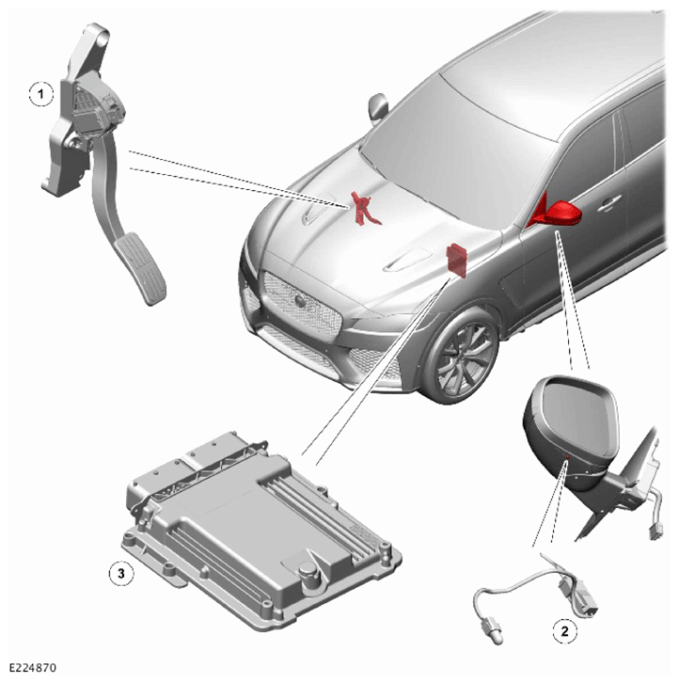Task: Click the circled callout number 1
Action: coord(41,94)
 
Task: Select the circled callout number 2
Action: coord(565,630)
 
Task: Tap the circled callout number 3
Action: coord(121,573)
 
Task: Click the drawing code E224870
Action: coord(33,667)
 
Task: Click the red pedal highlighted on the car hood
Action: coord(365,209)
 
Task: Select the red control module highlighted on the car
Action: coord(457,260)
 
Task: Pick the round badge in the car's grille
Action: coord(300,300)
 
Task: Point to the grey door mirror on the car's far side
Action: coord(378,106)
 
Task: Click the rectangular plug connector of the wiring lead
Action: coord(586,598)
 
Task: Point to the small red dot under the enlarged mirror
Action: coord(568,457)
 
